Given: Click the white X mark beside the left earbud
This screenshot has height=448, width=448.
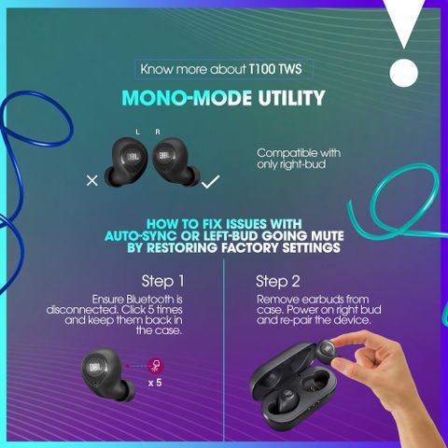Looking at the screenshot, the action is [x=91, y=180].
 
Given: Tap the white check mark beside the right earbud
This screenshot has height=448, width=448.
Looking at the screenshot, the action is [x=210, y=182].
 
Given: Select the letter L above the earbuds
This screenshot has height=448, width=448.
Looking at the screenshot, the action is [x=137, y=132].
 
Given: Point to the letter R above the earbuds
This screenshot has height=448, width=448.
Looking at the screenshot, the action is [x=158, y=132].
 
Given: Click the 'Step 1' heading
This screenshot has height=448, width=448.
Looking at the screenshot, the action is [x=162, y=281].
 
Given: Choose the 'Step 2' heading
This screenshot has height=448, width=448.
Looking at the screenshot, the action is [x=278, y=281].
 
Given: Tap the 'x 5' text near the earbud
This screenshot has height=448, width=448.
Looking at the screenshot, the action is [x=155, y=383].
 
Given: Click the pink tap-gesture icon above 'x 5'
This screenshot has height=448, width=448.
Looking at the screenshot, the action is [x=155, y=366].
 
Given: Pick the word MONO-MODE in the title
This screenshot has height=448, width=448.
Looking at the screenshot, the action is [x=187, y=98].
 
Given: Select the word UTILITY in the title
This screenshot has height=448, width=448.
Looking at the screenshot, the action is [x=291, y=98].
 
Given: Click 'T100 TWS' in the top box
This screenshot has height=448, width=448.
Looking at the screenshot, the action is [x=275, y=69].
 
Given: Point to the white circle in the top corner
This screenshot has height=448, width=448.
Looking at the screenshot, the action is [x=403, y=74].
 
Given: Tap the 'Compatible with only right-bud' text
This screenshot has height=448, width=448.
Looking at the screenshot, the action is [x=299, y=159].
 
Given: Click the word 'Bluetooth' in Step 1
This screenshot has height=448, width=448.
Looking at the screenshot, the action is [x=150, y=300].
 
